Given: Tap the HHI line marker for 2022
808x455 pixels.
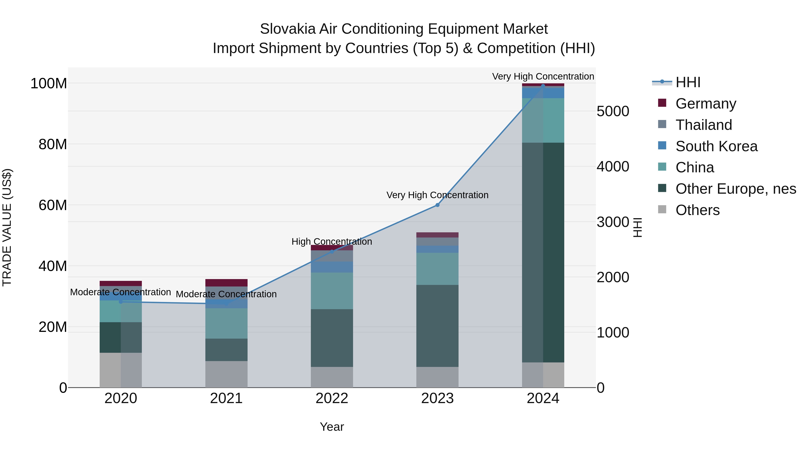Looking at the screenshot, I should click(x=332, y=251).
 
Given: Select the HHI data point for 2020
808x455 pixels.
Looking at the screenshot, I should click(x=121, y=302).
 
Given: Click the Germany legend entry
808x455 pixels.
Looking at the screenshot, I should click(x=705, y=104).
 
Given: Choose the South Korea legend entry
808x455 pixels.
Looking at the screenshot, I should click(x=716, y=146).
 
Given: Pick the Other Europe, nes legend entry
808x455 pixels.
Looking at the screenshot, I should click(x=736, y=189).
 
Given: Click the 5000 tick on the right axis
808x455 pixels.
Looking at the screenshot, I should click(x=613, y=111).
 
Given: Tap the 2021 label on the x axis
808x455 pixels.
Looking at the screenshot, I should click(x=226, y=398).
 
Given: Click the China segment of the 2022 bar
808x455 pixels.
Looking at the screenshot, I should click(x=332, y=291).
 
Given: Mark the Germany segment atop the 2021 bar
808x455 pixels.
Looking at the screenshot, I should click(x=226, y=283).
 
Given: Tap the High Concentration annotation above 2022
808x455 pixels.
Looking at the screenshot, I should click(x=332, y=242).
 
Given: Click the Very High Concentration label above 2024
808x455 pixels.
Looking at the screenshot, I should click(x=543, y=76).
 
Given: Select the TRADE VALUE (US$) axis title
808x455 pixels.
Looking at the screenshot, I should click(x=7, y=227).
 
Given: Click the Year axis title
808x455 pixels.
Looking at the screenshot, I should click(x=332, y=427).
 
